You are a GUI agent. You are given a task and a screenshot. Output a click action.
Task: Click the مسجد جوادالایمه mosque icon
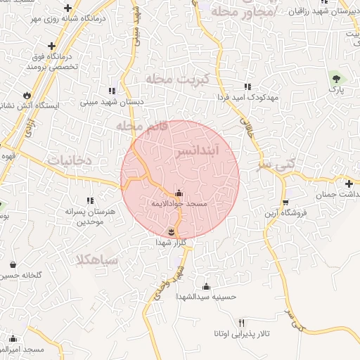[x=179, y=193]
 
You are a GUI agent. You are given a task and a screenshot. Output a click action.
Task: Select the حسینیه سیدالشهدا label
[x=206, y=297]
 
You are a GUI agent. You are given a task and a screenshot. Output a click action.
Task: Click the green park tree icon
[x=335, y=77]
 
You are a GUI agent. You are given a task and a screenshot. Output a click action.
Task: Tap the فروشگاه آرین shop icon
[x=285, y=202]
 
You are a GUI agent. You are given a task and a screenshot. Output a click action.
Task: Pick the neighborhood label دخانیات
[x=70, y=160]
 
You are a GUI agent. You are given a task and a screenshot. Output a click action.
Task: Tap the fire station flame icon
[x=27, y=94]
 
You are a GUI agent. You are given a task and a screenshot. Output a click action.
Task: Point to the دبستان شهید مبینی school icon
[x=112, y=91]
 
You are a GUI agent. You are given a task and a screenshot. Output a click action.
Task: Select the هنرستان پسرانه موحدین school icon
[x=89, y=202]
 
